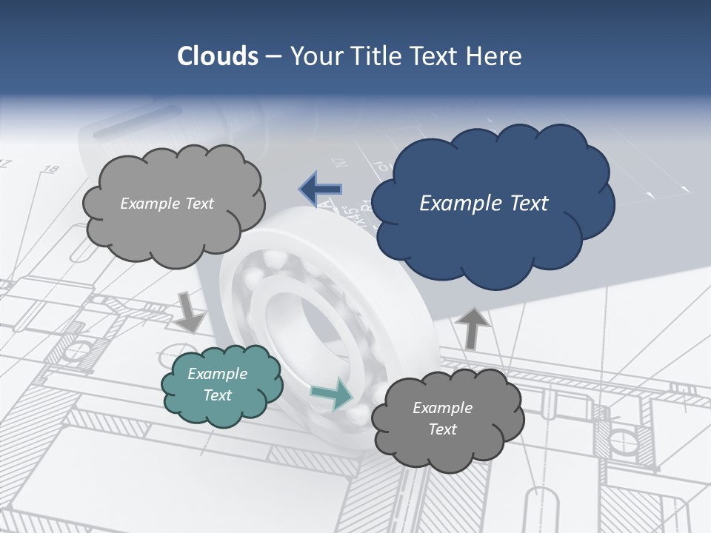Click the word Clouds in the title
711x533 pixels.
[217, 56]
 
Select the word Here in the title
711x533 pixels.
[496, 56]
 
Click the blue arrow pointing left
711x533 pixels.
[321, 190]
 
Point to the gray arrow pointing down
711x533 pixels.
[190, 312]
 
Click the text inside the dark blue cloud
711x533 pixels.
[484, 204]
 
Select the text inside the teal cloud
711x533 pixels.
[218, 384]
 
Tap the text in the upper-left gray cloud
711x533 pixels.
[167, 204]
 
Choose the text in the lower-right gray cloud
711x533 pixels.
[442, 418]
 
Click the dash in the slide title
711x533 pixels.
[273, 56]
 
